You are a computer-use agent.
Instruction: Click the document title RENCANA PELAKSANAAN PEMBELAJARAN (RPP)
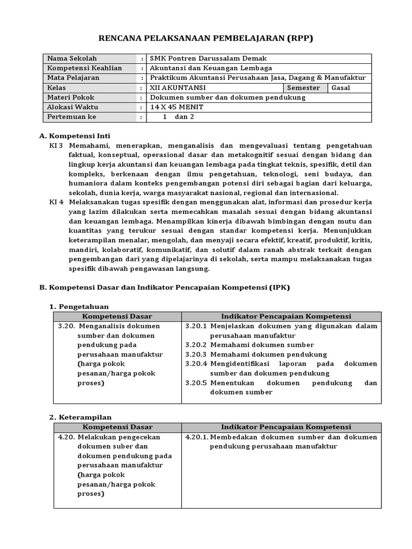pos(206,38)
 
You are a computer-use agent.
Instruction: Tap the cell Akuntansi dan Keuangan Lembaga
pos(211,68)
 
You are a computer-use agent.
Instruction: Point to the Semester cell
pos(304,88)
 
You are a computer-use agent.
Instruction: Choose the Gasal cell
pos(341,88)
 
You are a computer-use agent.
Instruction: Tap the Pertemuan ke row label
pos(72,117)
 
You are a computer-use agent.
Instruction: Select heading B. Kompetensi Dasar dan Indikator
pos(165,287)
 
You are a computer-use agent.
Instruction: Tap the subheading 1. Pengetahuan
pos(79,307)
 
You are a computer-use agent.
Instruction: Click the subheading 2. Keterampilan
pos(80,417)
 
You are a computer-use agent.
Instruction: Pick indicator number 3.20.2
pos(196,345)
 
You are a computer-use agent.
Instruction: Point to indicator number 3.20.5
pos(196,383)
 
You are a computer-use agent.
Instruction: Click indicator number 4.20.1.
pos(197,437)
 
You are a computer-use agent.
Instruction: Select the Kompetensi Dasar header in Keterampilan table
pos(117,427)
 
